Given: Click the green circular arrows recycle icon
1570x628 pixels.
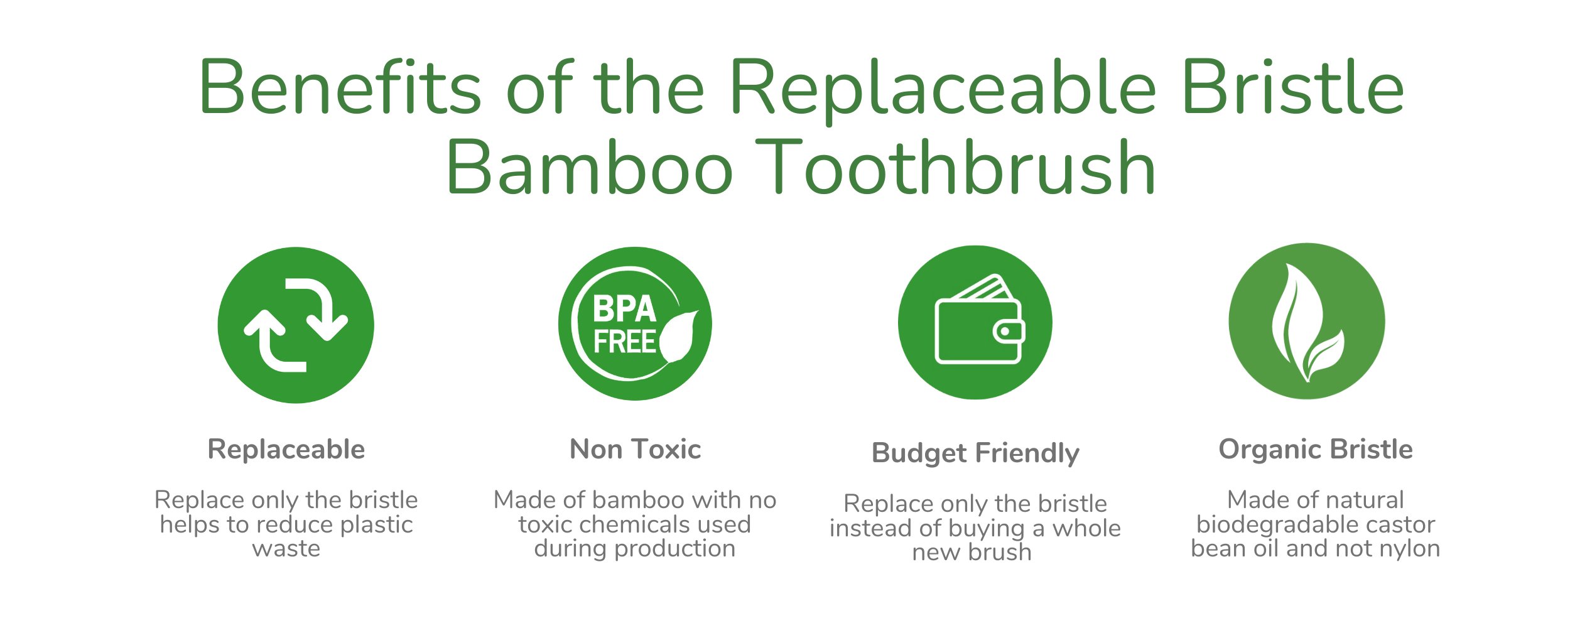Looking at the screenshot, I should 296,325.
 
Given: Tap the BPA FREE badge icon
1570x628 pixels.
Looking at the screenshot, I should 635,323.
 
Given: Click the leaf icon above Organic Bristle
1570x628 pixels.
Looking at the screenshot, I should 1307,321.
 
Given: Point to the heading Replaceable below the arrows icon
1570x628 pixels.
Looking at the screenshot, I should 286,450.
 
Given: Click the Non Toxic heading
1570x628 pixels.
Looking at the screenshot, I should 635,450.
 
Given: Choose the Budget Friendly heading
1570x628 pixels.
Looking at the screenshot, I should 975,453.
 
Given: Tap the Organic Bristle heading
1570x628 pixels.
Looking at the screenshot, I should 1316,450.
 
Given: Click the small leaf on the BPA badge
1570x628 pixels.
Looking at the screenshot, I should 679,337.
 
